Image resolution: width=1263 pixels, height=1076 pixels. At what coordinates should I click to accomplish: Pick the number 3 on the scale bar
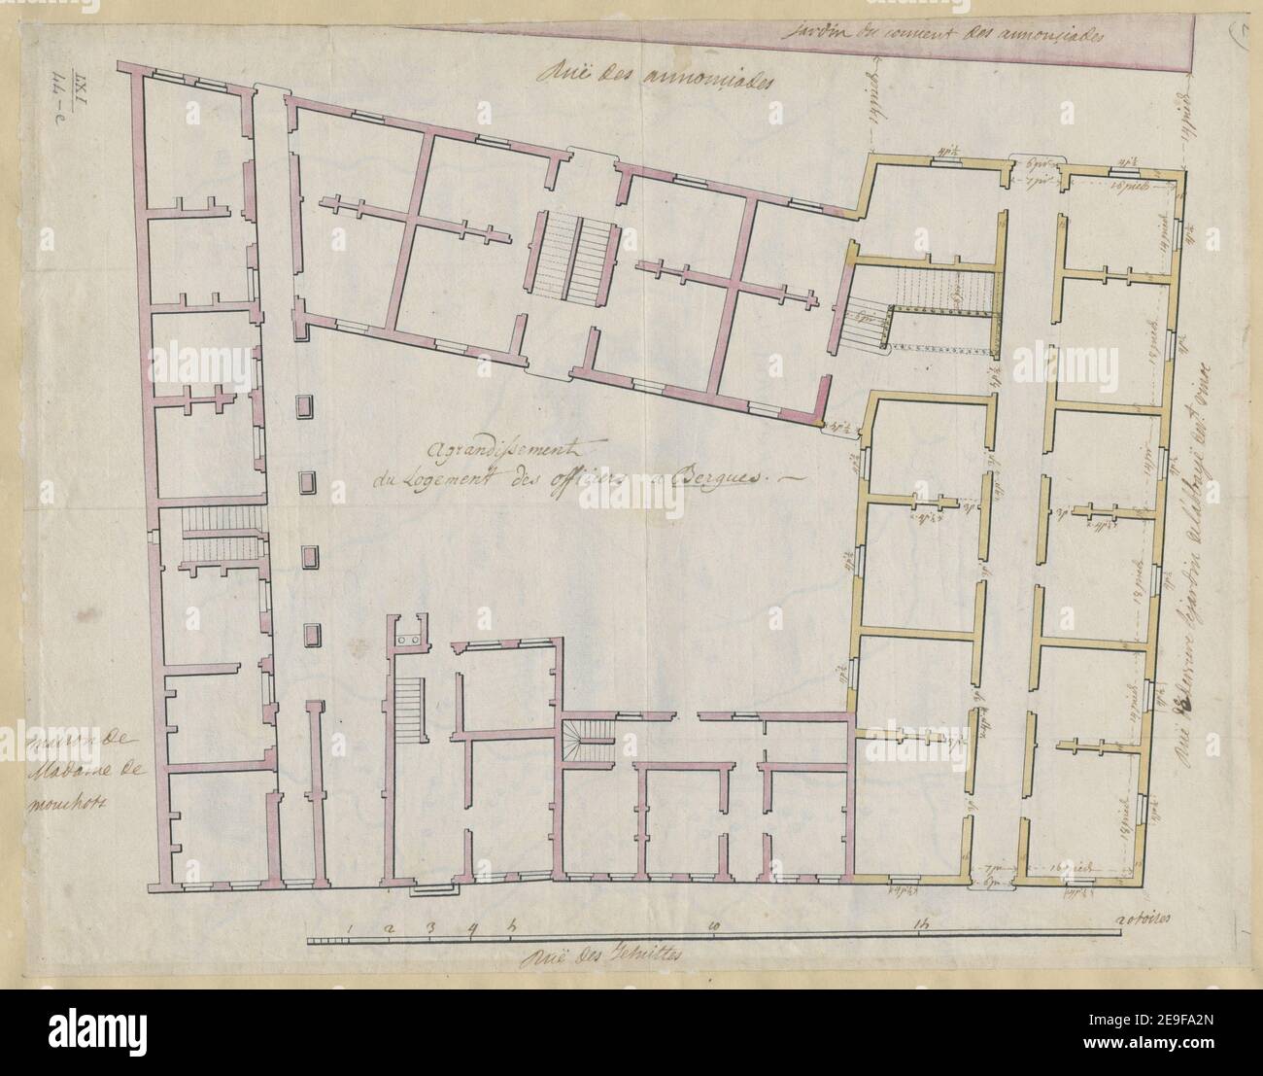[x=430, y=925]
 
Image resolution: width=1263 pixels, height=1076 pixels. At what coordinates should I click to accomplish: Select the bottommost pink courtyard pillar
[x=311, y=635]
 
